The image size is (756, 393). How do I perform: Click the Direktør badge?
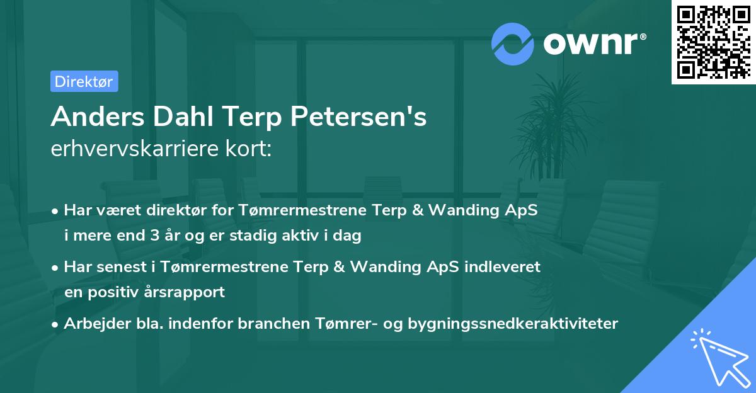84,81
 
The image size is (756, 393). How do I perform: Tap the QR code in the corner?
713,42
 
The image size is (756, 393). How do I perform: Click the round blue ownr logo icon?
513,44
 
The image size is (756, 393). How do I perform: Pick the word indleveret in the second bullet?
503,266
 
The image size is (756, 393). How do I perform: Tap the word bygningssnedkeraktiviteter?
513,324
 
